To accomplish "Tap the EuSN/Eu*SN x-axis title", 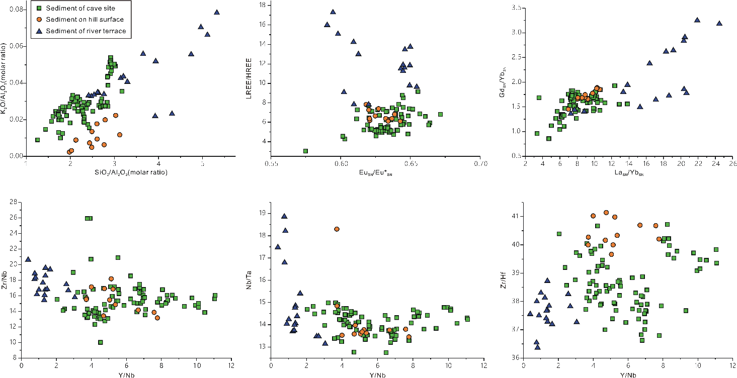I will (375, 172).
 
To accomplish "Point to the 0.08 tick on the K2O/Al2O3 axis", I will (17, 10).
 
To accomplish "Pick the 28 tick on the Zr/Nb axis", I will (15, 202).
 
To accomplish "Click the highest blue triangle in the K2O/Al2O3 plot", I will (217, 12).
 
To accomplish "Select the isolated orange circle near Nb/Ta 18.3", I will (337, 229).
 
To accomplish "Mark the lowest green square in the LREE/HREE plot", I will (305, 151).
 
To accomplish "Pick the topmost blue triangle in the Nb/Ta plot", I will (284, 216).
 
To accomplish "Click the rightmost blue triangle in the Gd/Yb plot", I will (719, 23).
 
